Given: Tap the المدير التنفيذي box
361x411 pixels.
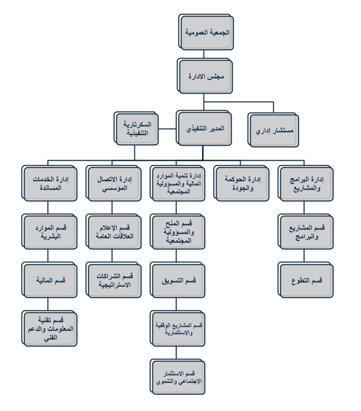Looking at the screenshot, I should (x=202, y=128).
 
